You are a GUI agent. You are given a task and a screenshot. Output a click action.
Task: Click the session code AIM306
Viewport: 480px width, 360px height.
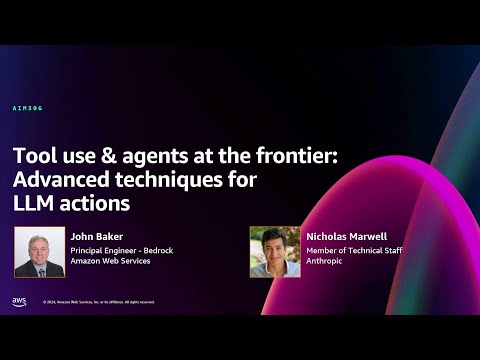click(28, 108)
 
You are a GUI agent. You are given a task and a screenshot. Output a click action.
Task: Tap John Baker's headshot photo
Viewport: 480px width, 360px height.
click(38, 252)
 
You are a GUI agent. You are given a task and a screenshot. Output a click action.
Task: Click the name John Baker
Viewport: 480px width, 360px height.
click(94, 237)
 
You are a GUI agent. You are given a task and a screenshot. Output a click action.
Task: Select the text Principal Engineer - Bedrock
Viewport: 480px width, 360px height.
click(121, 250)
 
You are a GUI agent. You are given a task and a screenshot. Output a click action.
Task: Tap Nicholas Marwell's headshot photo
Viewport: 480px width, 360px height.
click(274, 252)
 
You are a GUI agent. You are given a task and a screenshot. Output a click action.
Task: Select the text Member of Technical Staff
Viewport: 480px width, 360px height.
click(353, 250)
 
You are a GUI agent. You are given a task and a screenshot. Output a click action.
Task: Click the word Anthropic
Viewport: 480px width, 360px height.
click(328, 262)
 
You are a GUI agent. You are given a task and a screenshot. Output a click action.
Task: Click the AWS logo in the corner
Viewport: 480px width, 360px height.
click(19, 301)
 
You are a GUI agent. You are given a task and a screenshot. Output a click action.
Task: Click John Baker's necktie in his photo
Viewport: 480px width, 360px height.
click(37, 267)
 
